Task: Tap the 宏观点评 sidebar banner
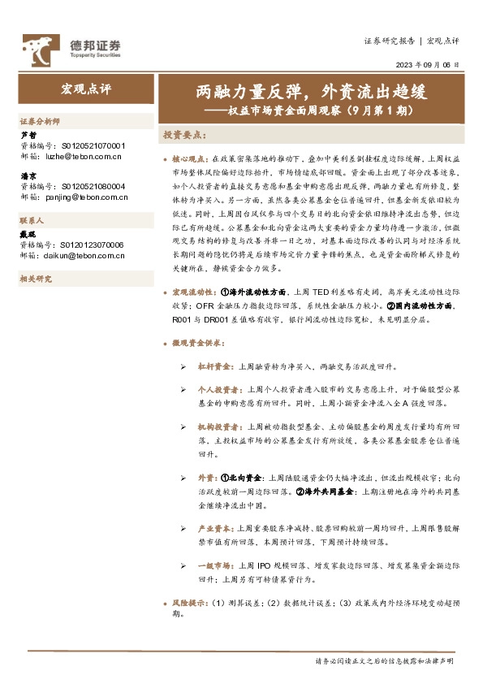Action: tap(85, 87)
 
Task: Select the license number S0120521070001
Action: tap(93, 145)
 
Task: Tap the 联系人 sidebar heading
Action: tap(33, 221)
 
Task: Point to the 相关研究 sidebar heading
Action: tap(36, 279)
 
